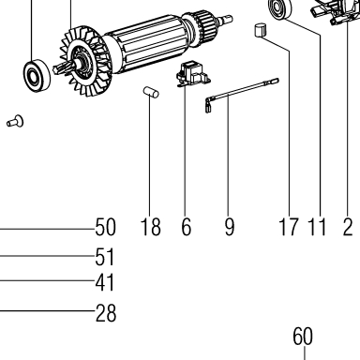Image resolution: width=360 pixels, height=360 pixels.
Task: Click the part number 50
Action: tap(105, 227)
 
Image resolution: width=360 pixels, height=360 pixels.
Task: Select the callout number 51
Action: tap(105, 257)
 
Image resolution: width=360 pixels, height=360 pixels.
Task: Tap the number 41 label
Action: tap(105, 282)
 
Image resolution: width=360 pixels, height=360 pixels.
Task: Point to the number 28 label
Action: tap(106, 313)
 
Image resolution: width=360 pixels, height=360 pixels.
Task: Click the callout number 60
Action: tap(303, 337)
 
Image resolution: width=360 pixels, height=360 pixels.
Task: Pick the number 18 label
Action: tap(151, 227)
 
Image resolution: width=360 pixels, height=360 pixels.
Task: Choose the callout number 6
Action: tap(186, 227)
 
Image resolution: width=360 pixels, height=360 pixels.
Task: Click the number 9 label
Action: tap(229, 227)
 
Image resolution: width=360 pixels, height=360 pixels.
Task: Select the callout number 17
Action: tap(288, 227)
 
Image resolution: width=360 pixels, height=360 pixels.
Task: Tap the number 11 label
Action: tap(317, 227)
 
